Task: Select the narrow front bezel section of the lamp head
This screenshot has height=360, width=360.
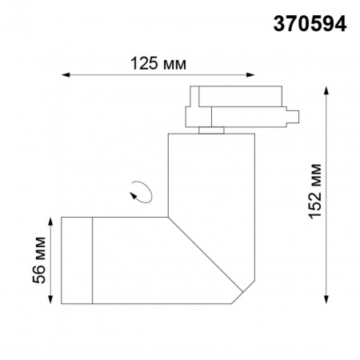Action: click(78, 260)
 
